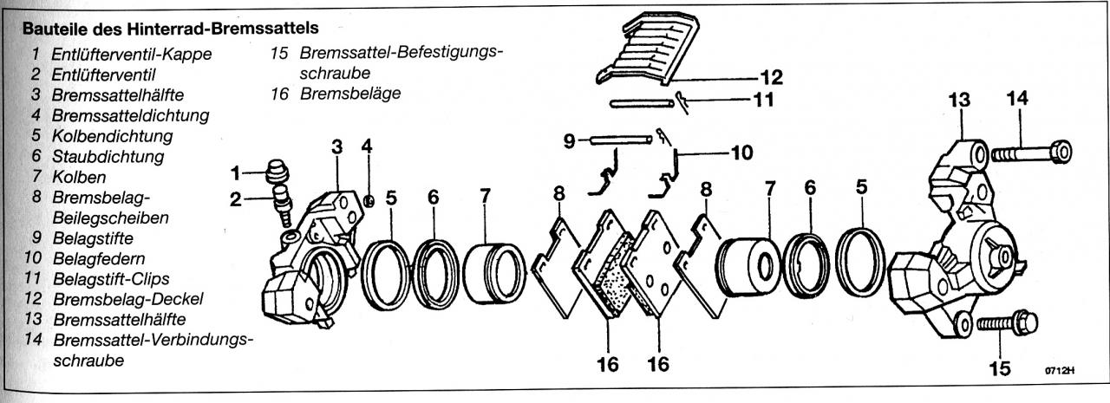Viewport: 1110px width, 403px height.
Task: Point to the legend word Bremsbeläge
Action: [x=350, y=94]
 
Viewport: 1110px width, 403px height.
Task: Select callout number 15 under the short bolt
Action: [x=1000, y=370]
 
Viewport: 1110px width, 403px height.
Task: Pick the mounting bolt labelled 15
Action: [x=1006, y=325]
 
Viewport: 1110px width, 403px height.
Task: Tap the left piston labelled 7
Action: [x=495, y=274]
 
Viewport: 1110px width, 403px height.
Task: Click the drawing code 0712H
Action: [x=1059, y=371]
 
